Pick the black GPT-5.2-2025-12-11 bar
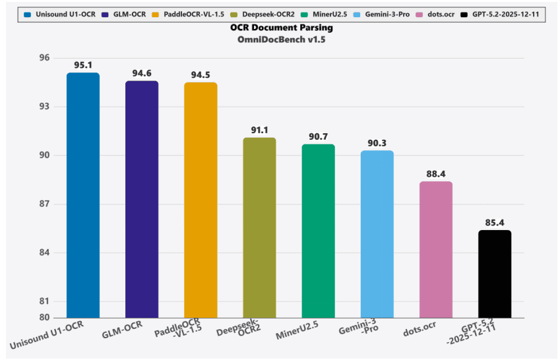coord(495,274)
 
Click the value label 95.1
coord(83,65)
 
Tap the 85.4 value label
coord(495,222)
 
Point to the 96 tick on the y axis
coord(45,58)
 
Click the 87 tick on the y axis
coord(45,204)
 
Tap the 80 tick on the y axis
coord(45,317)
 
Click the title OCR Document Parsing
coord(281,28)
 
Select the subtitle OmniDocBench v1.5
coord(281,40)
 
